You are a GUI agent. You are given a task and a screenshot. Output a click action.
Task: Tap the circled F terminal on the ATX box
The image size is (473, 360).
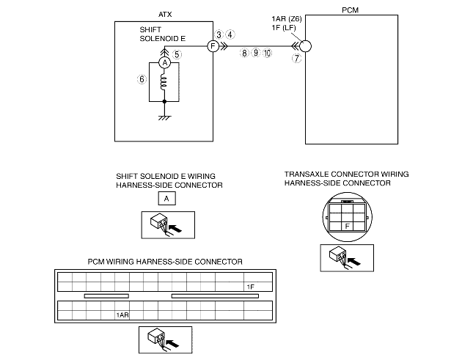tap(213, 45)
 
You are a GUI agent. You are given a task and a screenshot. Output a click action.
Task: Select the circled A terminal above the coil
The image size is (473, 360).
tap(165, 64)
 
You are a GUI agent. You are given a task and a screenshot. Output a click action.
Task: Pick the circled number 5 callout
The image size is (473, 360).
tap(177, 54)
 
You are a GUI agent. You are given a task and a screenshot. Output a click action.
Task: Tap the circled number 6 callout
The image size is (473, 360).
tap(141, 79)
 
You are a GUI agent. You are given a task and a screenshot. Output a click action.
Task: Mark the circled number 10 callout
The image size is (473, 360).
tap(267, 54)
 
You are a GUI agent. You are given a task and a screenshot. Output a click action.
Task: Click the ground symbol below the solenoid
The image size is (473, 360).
tap(165, 116)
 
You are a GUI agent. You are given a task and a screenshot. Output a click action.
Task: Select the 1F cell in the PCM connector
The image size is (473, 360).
tap(250, 287)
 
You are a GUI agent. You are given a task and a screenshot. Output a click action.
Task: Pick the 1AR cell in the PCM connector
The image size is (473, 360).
tap(122, 315)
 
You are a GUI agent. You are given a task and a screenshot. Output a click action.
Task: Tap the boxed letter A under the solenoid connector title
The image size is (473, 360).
tap(166, 199)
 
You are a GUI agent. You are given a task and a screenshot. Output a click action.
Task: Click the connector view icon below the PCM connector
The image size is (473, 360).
tap(165, 339)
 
